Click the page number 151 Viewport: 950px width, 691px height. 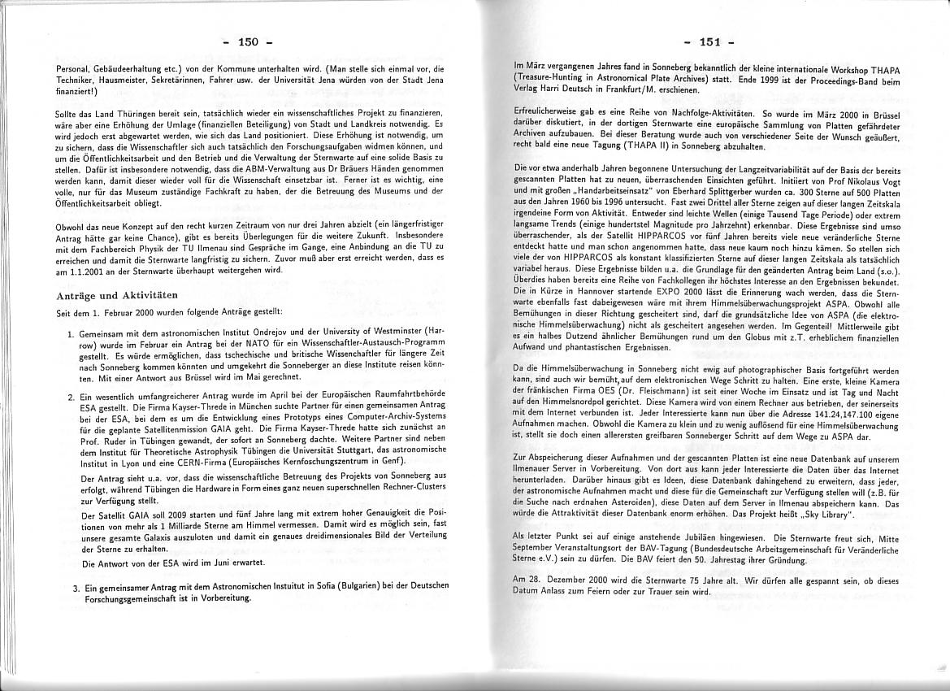(710, 41)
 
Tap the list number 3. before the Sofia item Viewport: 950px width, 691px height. (76, 588)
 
